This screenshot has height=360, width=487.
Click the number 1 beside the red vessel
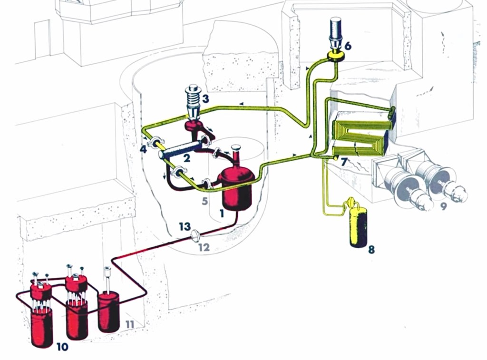tap(222, 214)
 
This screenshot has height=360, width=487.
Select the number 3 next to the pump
tap(205, 99)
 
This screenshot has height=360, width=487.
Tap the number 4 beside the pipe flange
tap(143, 149)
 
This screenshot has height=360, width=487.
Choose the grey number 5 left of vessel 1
tap(205, 201)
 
